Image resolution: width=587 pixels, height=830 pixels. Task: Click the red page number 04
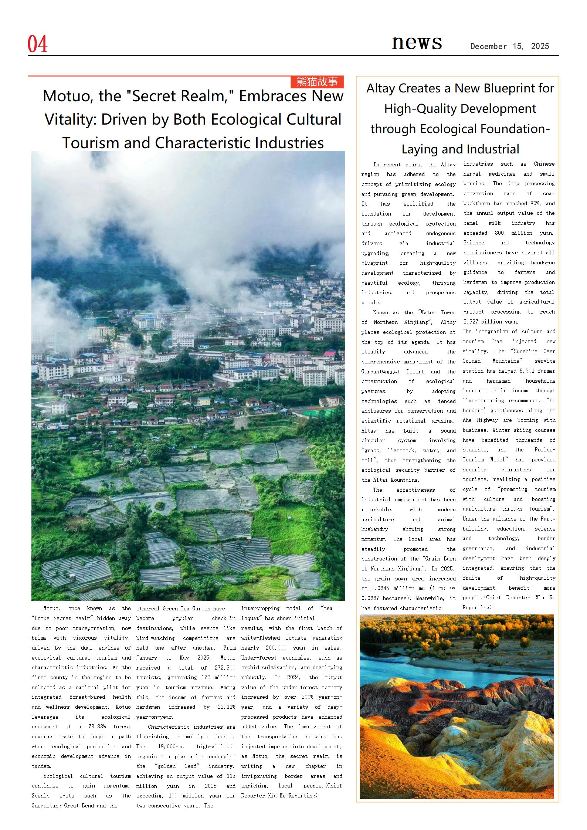click(x=38, y=44)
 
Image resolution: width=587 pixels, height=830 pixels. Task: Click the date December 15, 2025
click(x=509, y=47)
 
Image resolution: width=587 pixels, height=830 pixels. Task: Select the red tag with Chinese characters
click(x=317, y=82)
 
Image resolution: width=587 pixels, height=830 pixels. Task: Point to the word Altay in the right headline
click(x=383, y=88)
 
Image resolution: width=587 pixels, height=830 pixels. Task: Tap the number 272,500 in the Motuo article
click(x=225, y=668)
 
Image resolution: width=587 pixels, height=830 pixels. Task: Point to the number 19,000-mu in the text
click(x=166, y=746)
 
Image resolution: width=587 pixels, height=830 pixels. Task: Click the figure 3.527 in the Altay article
click(x=471, y=322)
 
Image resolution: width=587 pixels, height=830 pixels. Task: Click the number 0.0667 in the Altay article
click(x=370, y=598)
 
